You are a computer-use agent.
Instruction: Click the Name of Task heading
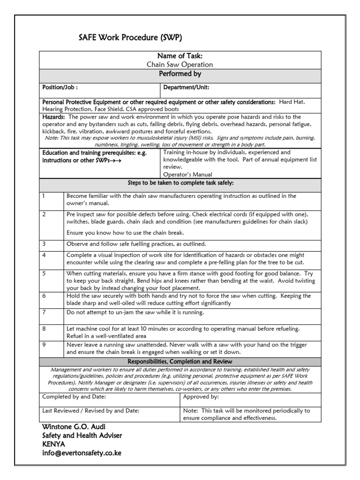pyautogui.click(x=180, y=56)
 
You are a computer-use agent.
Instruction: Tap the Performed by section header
pyautogui.click(x=180, y=74)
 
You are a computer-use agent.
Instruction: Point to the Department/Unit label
pyautogui.click(x=186, y=87)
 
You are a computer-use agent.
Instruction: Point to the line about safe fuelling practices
pyautogui.click(x=136, y=244)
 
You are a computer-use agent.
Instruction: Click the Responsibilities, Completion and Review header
pyautogui.click(x=180, y=362)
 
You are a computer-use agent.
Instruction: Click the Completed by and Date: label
pyautogui.click(x=74, y=397)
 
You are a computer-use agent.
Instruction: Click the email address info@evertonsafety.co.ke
pyautogui.click(x=82, y=453)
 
